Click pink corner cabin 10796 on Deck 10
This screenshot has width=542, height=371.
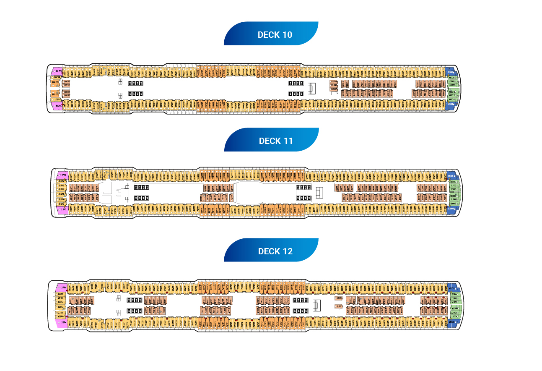click(57, 71)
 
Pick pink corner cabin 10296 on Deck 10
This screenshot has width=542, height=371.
click(57, 106)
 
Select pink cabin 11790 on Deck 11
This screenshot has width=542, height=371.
click(62, 174)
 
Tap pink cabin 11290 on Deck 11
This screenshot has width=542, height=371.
click(62, 209)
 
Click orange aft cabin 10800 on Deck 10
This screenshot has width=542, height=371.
click(55, 82)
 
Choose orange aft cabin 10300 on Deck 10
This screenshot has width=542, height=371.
click(55, 95)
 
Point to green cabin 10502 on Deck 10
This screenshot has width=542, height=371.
click(451, 81)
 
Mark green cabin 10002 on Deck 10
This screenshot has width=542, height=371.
click(451, 95)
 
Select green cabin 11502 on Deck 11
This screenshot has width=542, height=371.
click(453, 185)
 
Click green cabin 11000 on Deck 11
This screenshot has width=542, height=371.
click(453, 196)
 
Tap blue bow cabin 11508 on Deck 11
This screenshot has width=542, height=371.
click(451, 176)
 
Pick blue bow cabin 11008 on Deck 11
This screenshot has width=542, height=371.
click(451, 209)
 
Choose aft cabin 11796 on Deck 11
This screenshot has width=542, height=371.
click(62, 185)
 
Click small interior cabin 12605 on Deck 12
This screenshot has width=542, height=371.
click(338, 298)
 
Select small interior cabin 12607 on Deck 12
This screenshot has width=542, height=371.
click(338, 306)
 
